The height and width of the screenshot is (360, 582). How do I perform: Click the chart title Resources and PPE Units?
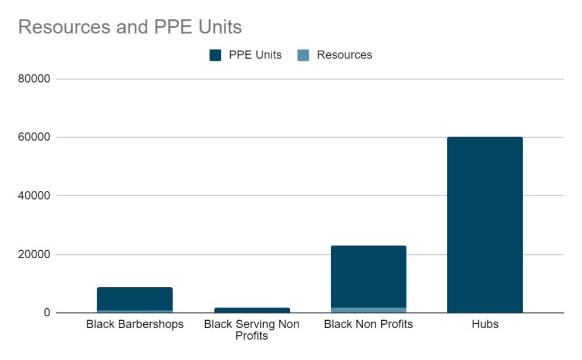coord(130,27)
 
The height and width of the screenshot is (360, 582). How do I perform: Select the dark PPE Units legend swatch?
coord(215,55)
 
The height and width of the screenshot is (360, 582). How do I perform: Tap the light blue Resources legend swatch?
coord(304,55)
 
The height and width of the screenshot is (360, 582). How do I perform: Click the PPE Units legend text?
coord(255,55)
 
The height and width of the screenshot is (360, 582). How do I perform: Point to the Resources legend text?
coord(344,55)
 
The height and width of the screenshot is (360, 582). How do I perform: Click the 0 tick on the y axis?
coord(48,313)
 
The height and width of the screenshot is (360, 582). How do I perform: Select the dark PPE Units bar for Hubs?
coord(485,225)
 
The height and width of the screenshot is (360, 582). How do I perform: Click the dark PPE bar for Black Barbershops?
coord(135,299)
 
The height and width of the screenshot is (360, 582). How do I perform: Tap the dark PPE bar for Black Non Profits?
coord(368,276)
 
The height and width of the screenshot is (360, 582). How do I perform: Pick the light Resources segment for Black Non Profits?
coord(368,310)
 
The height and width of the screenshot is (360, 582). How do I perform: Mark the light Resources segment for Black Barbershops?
coord(135,312)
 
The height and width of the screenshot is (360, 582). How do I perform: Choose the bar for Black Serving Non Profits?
coord(252,310)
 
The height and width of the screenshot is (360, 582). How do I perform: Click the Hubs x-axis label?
coord(485,325)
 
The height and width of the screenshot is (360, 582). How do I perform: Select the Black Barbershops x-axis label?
coord(135,325)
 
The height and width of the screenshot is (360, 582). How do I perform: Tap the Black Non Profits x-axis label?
coord(368,325)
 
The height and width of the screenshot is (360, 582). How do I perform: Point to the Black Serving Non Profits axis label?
coord(252,330)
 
